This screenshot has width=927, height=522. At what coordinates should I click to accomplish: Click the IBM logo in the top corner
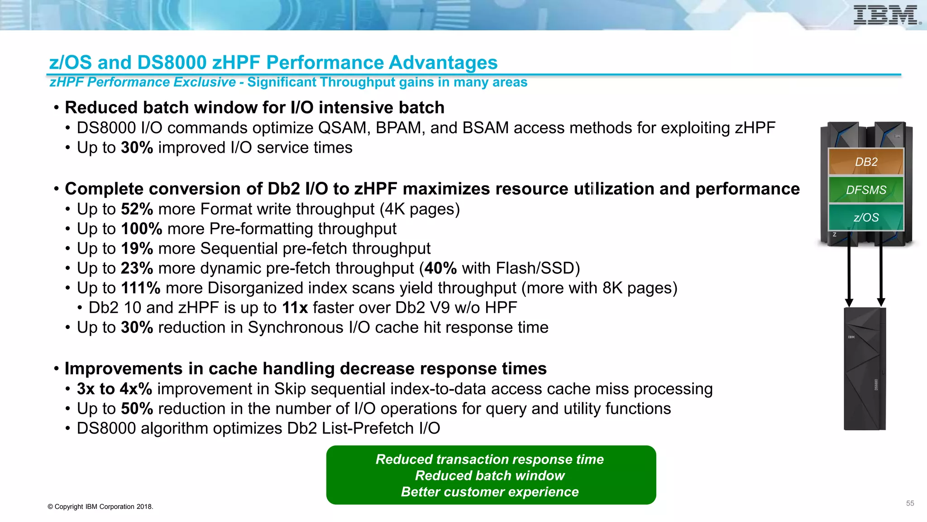click(x=886, y=15)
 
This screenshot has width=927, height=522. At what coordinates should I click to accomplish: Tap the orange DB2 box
click(x=866, y=162)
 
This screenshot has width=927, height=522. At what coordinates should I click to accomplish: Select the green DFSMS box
click(x=866, y=190)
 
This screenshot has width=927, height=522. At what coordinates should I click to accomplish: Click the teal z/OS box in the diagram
click(x=866, y=217)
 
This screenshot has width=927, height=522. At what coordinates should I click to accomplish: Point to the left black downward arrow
click(x=849, y=272)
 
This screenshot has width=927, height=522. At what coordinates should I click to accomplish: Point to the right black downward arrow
click(x=881, y=272)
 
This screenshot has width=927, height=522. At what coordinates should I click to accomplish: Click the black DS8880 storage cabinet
click(x=865, y=369)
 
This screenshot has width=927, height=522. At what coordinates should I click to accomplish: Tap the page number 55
click(x=910, y=503)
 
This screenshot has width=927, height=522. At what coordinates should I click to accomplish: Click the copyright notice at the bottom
click(x=100, y=507)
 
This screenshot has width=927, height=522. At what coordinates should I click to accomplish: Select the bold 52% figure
click(x=137, y=209)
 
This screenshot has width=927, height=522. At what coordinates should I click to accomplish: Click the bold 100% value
click(x=142, y=229)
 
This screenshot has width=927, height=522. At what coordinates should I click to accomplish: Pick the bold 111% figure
click(x=141, y=288)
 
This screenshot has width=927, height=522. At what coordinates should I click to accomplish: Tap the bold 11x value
click(x=295, y=308)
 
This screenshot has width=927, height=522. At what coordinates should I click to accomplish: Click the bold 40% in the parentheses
click(x=440, y=268)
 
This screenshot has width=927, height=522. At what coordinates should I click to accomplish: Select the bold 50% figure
click(x=137, y=409)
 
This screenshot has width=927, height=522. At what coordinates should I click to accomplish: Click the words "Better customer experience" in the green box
click(x=490, y=492)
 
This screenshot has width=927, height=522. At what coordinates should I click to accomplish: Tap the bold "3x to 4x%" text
click(x=114, y=389)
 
